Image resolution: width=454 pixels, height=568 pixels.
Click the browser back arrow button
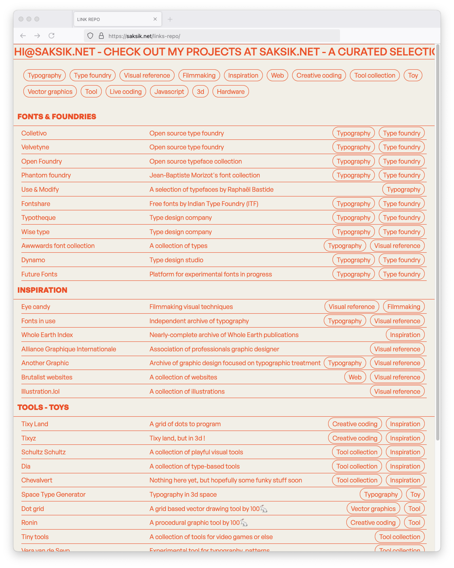(23, 36)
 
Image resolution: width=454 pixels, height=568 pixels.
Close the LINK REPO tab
(155, 19)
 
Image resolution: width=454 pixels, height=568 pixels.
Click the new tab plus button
(170, 19)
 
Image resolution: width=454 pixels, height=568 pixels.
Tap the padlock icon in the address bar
(101, 36)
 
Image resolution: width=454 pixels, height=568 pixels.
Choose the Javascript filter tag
(169, 91)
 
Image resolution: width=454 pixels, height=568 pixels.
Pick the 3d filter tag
(200, 91)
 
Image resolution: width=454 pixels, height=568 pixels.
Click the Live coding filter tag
(126, 91)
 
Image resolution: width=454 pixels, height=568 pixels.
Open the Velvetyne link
(35, 147)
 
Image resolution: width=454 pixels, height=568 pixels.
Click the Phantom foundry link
(46, 175)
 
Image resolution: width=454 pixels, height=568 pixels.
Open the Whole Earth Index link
(47, 335)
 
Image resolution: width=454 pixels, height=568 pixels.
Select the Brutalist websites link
(47, 377)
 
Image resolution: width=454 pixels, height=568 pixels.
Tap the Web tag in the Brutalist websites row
(355, 377)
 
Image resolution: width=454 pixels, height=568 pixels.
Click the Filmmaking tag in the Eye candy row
(404, 307)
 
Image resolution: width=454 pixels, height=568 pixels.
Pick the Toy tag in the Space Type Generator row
(415, 495)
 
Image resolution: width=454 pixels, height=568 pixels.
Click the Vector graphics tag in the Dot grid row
(373, 509)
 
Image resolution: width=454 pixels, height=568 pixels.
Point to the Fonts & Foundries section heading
(57, 116)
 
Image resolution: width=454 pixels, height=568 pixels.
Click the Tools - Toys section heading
(43, 407)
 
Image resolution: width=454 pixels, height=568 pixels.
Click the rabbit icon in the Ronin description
(244, 523)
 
